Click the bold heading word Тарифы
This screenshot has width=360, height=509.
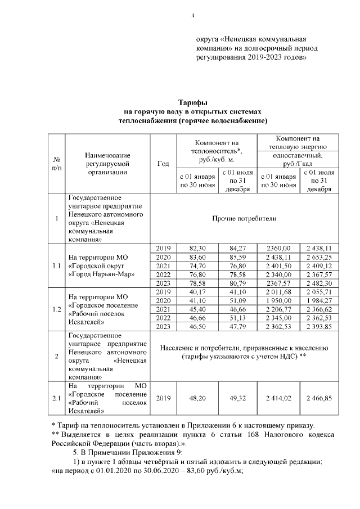(x=193, y=102)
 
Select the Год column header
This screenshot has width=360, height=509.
(x=164, y=164)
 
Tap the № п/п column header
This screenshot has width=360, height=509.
(x=57, y=164)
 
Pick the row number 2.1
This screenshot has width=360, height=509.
(x=57, y=398)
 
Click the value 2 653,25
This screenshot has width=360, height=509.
(x=319, y=257)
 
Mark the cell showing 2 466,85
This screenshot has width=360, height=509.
(x=319, y=398)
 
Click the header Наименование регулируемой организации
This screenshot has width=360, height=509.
(x=108, y=164)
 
